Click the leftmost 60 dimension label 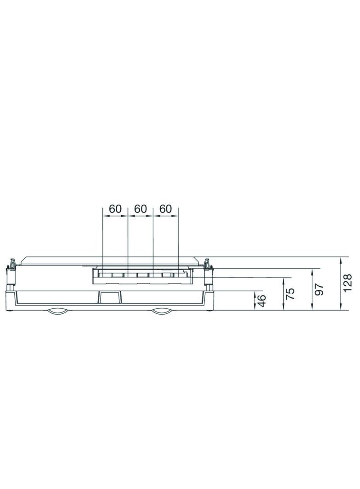(115, 209)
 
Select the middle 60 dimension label (140, 209)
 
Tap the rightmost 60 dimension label (165, 209)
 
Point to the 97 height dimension (320, 289)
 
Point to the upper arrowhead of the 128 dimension (340, 260)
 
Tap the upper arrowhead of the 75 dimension (283, 280)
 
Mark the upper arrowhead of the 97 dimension (313, 271)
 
